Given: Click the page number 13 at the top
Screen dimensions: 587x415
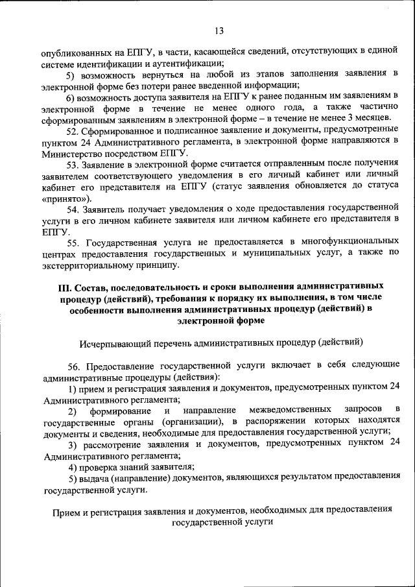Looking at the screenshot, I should click(219, 30).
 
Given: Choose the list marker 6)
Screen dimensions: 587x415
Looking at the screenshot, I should click(71, 96).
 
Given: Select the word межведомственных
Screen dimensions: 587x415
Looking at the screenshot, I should click(286, 410).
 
